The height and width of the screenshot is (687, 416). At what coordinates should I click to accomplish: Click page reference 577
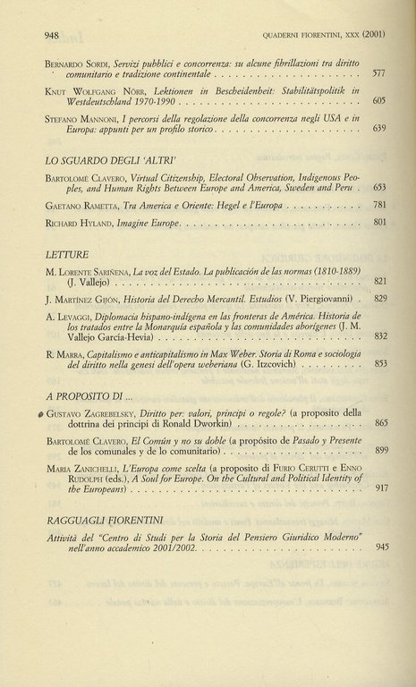click(x=378, y=72)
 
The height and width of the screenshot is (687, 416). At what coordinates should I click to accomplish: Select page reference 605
click(x=378, y=101)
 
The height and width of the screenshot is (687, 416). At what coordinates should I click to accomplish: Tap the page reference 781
click(x=378, y=205)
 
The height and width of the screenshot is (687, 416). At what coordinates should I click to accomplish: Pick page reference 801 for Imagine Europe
click(x=378, y=221)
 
